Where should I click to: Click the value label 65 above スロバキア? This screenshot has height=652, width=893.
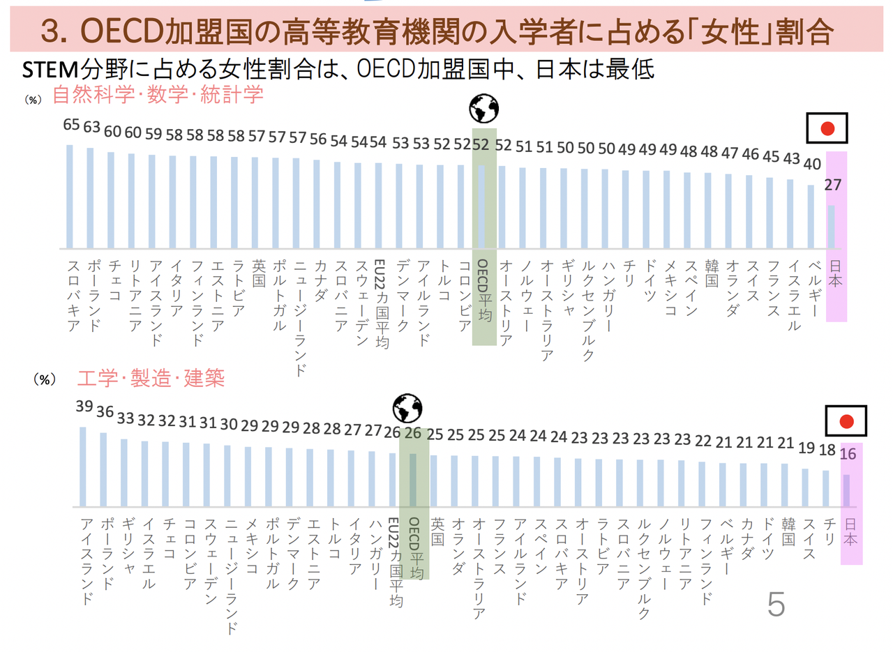(70, 126)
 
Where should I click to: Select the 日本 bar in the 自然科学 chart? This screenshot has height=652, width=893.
(831, 227)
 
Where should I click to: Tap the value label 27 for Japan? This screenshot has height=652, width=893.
(832, 185)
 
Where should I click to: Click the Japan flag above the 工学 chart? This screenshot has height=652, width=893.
(846, 422)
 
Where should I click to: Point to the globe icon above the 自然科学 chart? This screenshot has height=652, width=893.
(483, 109)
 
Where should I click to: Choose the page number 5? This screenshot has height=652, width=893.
(775, 605)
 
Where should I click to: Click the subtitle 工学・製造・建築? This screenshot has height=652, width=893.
(151, 379)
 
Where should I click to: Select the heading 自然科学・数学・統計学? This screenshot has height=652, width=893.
(158, 95)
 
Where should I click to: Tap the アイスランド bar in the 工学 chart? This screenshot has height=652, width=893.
(83, 467)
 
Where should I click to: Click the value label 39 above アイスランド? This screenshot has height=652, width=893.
(84, 407)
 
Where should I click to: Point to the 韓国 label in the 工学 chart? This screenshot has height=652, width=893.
(788, 534)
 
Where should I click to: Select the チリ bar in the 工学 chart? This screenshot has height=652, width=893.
(826, 488)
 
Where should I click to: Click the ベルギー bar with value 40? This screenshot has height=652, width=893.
(811, 216)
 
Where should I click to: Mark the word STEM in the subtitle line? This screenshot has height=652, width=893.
(51, 70)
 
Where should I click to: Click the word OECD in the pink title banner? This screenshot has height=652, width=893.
(121, 31)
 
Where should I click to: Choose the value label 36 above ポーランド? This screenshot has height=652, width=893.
(105, 412)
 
